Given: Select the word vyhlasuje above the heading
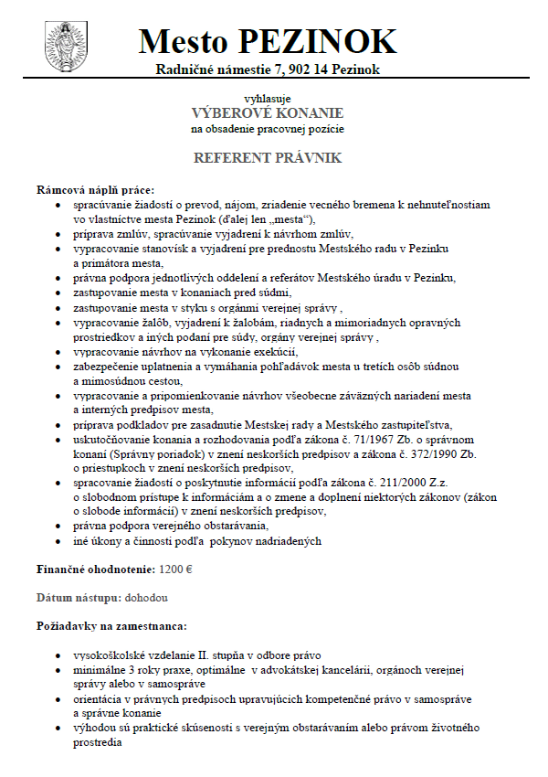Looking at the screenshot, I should (x=267, y=98).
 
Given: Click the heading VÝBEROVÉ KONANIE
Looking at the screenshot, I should (x=267, y=112).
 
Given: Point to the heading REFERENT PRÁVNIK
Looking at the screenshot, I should (x=267, y=158).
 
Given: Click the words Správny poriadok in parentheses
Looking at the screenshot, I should (x=150, y=452).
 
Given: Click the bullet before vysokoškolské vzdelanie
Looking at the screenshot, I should (x=59, y=656).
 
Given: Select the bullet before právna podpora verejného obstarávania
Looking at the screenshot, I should (x=59, y=527).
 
